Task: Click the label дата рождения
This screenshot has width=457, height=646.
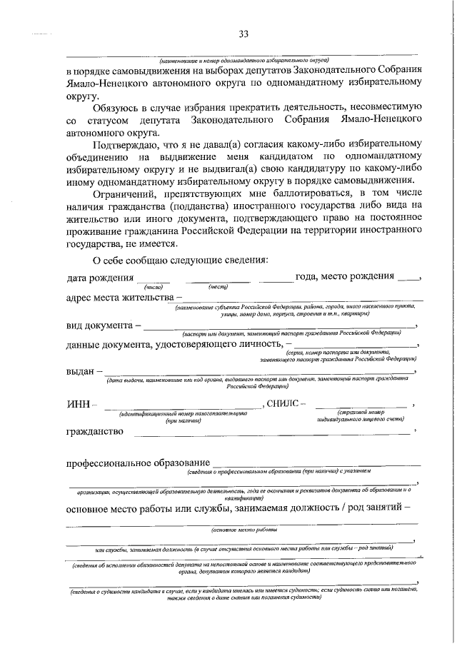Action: click(x=100, y=277)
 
